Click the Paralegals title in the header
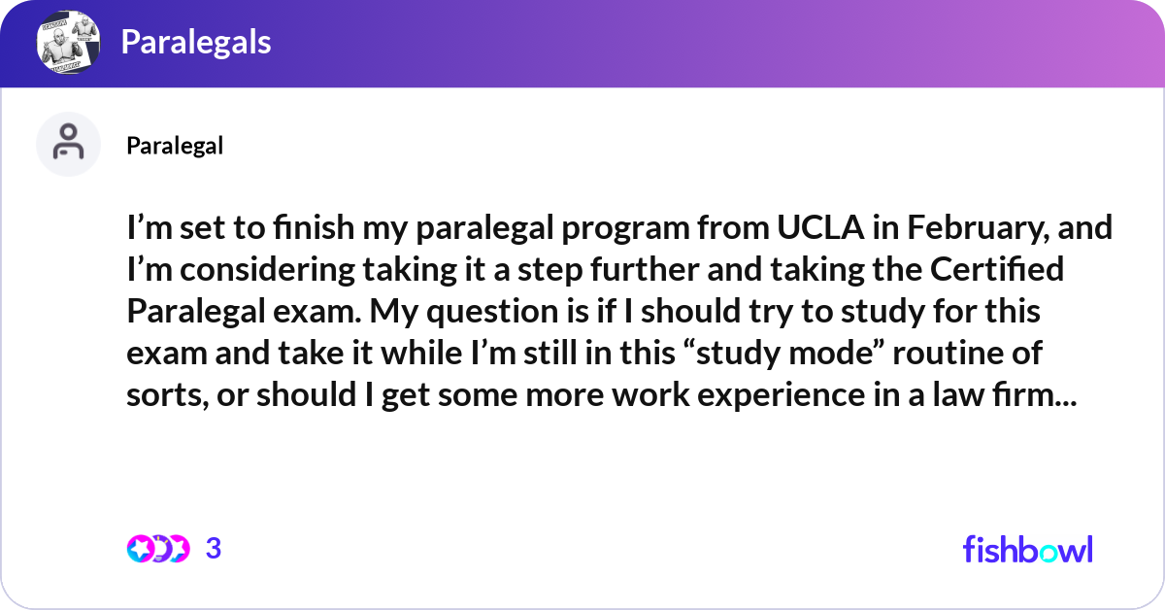point(196,42)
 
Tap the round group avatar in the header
point(68,42)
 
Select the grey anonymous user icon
point(68,144)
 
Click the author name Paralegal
point(175,146)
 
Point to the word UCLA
point(820,227)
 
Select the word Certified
point(996,269)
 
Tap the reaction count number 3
point(214,549)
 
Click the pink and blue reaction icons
point(158,549)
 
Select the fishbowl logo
point(1028,549)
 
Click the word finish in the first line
point(314,227)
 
